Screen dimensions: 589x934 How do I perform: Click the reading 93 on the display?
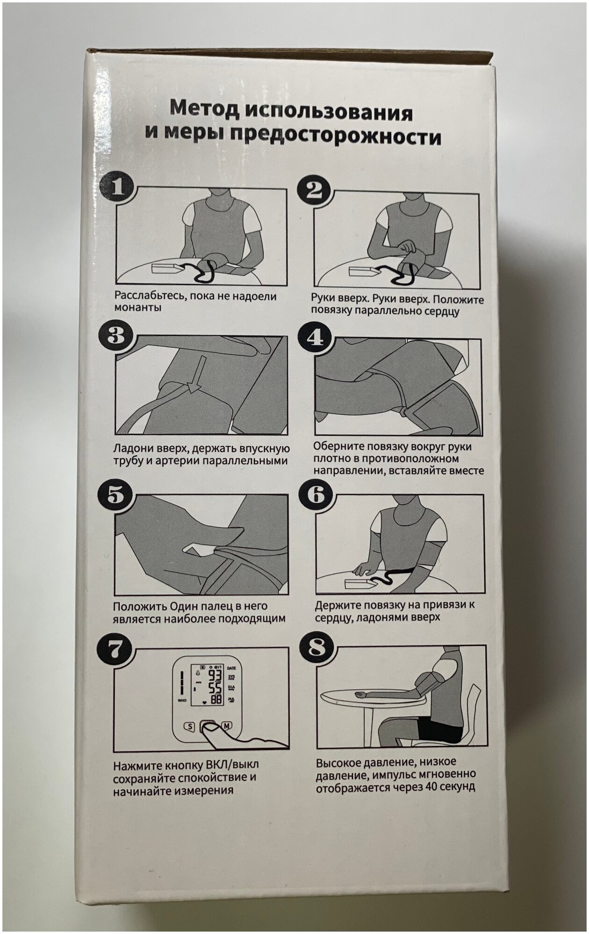point(215,676)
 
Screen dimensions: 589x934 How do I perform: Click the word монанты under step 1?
point(138,308)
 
